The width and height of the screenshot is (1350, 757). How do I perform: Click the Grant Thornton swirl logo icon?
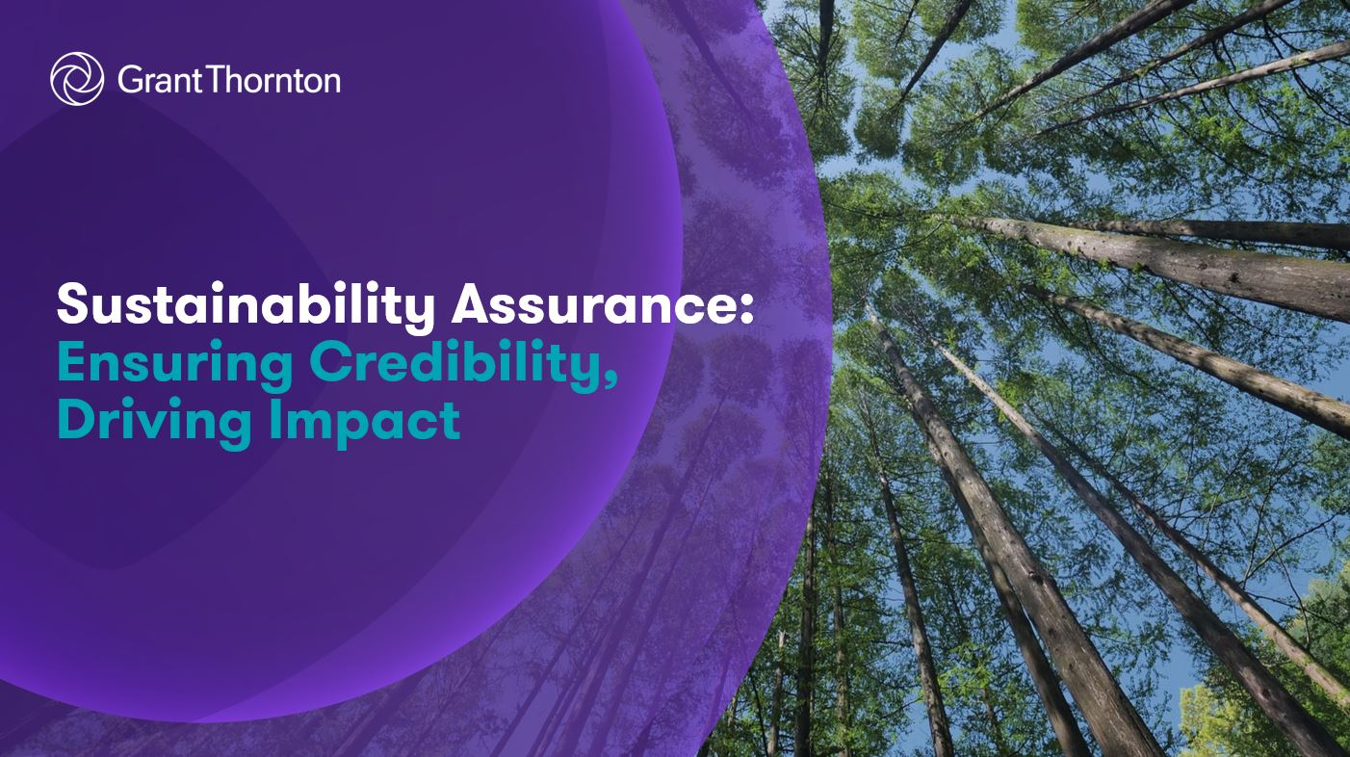(x=77, y=79)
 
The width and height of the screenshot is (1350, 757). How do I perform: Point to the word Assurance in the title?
(x=593, y=307)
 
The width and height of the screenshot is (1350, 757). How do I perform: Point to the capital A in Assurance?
(x=471, y=307)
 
